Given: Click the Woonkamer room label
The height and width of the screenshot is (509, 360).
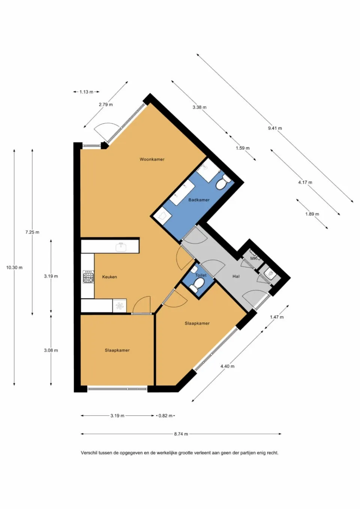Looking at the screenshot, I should click(152, 159).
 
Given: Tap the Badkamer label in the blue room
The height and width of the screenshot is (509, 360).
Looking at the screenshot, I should click(199, 200).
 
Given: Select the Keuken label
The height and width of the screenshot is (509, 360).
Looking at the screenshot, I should click(109, 277).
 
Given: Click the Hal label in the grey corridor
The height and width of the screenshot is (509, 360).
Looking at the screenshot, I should click(236, 276).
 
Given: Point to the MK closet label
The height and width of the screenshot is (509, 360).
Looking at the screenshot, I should click(253, 258).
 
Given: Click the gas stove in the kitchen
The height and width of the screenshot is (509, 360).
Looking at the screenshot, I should click(88, 277).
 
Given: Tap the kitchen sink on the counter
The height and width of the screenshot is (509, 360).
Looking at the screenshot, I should click(121, 247).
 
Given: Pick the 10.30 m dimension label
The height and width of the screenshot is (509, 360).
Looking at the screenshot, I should click(14, 268).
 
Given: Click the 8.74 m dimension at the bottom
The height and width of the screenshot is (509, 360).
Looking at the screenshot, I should click(181, 434).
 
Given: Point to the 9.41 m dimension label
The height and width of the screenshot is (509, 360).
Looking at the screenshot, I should click(275, 128).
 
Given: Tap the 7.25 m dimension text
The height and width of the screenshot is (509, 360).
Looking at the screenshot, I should click(32, 232).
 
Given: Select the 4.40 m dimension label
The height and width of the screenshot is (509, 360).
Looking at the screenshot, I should click(227, 366).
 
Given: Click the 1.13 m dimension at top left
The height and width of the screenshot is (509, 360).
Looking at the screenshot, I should click(86, 92).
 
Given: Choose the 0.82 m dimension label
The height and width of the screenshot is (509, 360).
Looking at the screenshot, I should click(165, 416).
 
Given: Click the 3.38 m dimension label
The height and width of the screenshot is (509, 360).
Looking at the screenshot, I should click(199, 107).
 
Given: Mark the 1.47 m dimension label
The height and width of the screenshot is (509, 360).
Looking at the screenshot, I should click(277, 317).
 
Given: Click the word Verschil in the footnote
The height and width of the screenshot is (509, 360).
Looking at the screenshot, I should click(89, 453).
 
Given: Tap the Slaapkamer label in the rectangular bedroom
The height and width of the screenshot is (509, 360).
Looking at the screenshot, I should click(117, 350).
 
